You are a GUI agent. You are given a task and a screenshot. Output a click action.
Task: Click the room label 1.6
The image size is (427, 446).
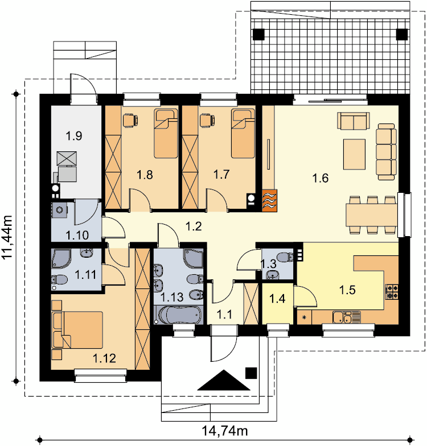pos(320,179)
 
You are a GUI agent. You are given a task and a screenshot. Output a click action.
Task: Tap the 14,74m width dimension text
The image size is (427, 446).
pos(225,431)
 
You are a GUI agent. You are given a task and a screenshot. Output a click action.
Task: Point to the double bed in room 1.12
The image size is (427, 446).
pos(77,330)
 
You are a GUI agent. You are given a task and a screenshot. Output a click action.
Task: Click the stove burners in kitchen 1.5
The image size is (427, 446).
pos(392,292)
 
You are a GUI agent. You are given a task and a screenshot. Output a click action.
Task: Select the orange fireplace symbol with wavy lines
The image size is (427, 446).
pos(269,200)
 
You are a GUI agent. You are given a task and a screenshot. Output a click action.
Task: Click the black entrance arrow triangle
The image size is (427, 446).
pos(224,380)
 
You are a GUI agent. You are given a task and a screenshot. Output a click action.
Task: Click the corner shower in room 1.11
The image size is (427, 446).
pos(60,258)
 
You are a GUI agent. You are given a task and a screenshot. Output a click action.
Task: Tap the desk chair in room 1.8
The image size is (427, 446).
pos(130,120)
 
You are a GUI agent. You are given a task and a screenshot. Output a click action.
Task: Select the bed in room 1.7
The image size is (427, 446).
pos(243,133)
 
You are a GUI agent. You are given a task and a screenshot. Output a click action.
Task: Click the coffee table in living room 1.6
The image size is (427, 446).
pos(354,154)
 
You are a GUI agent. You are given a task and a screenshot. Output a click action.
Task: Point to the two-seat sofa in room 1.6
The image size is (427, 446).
pos(354,121)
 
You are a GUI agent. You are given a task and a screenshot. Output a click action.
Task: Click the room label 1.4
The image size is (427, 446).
pos(277,299)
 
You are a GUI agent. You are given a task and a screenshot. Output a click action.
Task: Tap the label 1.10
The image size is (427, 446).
pos(77,236)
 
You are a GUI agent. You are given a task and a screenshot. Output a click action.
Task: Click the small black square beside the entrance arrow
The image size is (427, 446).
pos(251,373)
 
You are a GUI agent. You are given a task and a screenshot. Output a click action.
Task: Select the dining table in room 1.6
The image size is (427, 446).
pos(371,215)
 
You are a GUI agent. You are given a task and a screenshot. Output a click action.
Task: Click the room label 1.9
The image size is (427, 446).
pos(74,135)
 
